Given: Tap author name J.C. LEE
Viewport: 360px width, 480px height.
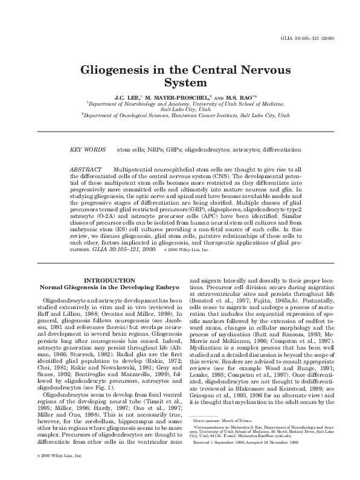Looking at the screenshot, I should click(127, 97).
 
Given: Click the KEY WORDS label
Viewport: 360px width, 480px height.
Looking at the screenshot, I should click(85, 149).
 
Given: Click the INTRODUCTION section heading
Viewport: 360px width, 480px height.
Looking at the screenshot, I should click(109, 281).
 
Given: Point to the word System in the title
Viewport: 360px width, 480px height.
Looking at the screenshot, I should click(180, 82).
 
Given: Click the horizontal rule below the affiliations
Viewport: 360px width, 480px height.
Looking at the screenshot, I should click(179, 131).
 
